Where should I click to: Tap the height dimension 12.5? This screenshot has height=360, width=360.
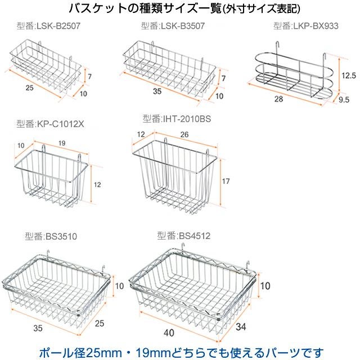pos(349,74)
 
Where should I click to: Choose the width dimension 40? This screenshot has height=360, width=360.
pos(169,333)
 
